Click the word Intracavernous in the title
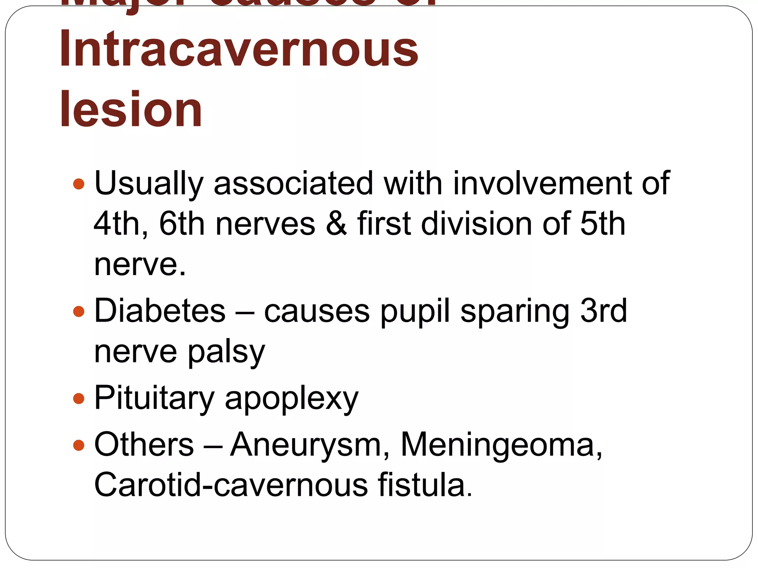tap(239, 49)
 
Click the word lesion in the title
tap(131, 109)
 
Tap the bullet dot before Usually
tap(79, 184)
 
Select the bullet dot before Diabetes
tap(79, 311)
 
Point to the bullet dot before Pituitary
tap(79, 399)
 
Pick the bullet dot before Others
tap(79, 445)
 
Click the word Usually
tap(149, 184)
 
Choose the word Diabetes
tap(160, 311)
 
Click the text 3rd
tap(603, 311)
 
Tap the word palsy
tap(227, 352)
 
